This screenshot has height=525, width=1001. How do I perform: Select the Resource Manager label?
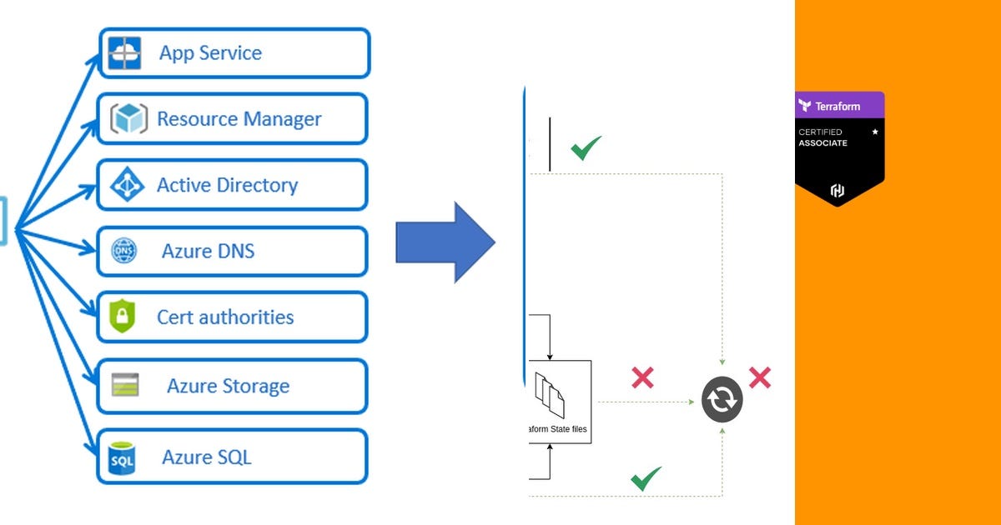239,119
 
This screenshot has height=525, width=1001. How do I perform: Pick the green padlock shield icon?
122,317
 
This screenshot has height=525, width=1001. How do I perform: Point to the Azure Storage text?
228,386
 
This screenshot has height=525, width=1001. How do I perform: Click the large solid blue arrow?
445,242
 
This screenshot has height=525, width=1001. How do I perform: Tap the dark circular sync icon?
722,401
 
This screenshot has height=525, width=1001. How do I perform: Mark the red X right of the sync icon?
759,378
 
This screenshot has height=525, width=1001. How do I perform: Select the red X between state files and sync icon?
642,378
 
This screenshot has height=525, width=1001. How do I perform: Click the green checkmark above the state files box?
586,148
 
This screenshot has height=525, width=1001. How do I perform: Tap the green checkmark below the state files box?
646,478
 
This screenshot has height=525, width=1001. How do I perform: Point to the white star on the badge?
875,132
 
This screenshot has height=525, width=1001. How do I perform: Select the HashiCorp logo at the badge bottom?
838,191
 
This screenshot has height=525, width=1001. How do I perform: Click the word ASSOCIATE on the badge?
822,143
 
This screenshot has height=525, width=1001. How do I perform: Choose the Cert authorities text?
225,317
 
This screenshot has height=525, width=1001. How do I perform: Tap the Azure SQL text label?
206,457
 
